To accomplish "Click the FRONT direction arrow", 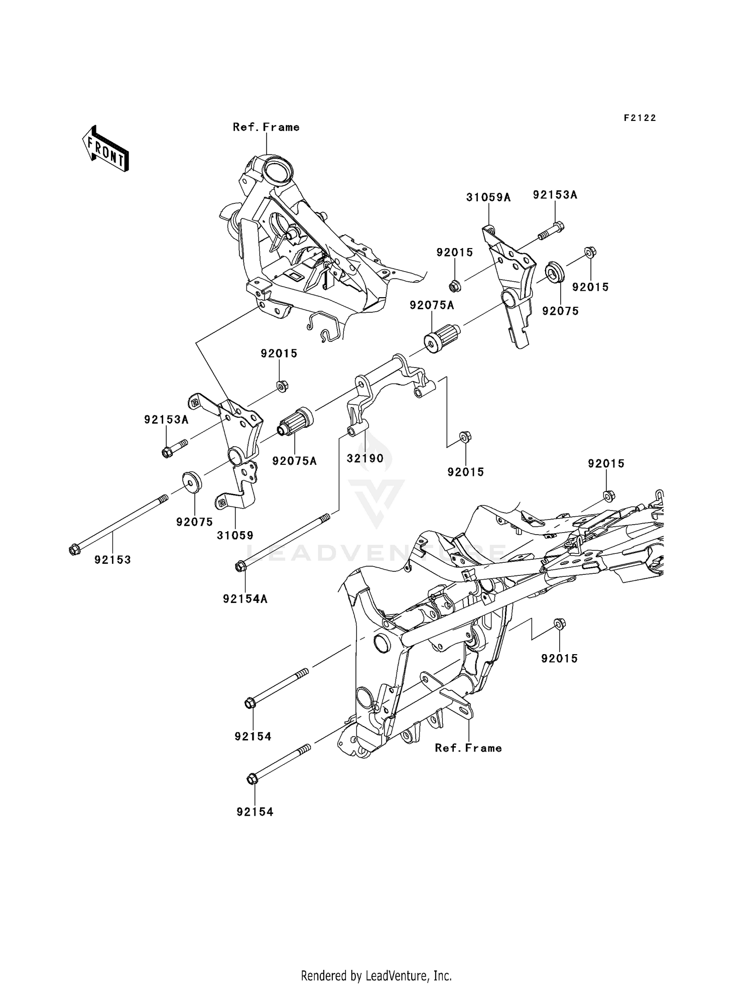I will pos(105,149).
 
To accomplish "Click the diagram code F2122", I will pos(640,118).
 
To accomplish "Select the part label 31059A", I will pos(488,198).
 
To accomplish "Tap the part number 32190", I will pos(365,458).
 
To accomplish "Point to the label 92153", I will pos(112,560).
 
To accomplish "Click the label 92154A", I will pos(245,599).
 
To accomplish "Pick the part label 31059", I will pos(235,536).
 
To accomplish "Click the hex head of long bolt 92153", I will pos(74,550).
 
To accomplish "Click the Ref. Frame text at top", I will pos(266,128).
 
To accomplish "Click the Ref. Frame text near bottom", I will pos(468,748).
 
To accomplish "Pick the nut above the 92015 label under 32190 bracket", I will pos(465,437).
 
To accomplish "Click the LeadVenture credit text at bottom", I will pos(376,975).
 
